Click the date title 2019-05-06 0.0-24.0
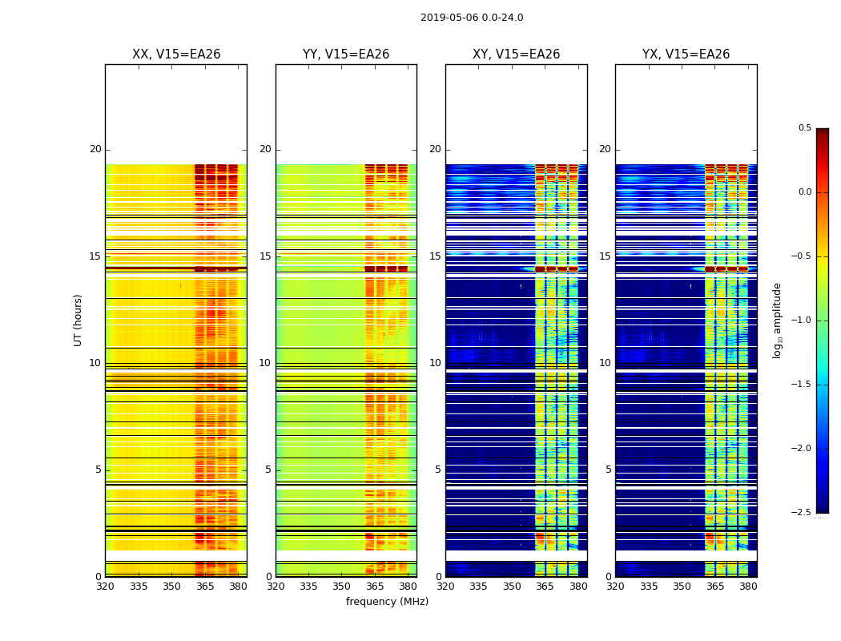point(472,18)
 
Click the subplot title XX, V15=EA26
point(176,54)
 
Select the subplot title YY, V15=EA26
point(346,54)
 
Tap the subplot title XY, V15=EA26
point(516,54)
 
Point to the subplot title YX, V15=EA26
point(686,54)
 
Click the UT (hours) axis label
point(78,320)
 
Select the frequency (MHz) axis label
point(387,602)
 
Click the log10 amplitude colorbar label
point(777,320)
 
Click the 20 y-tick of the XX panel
point(95,149)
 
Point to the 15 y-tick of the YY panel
point(265,256)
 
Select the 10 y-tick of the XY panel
point(435,363)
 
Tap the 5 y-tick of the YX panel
point(608,470)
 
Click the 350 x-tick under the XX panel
point(171,586)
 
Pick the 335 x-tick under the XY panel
point(479,586)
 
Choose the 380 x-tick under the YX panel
point(748,586)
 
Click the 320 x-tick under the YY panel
point(276,586)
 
